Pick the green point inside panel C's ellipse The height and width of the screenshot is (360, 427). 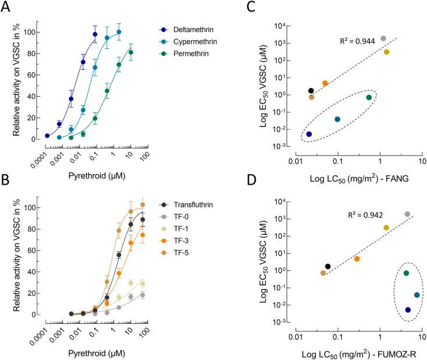pyautogui.click(x=369, y=97)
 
